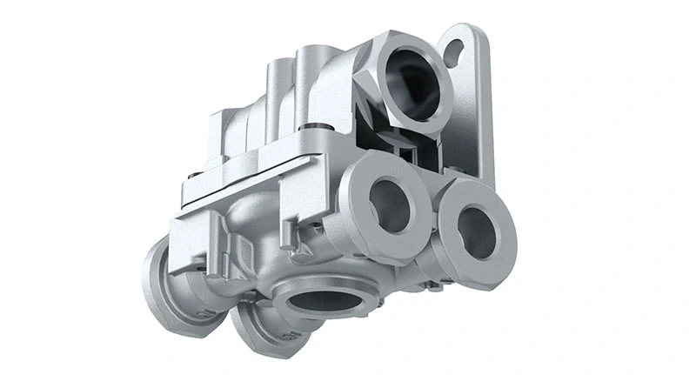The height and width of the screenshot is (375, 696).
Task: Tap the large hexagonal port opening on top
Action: pyautogui.click(x=411, y=82)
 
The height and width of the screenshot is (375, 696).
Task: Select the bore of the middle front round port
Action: pyautogui.click(x=389, y=204)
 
